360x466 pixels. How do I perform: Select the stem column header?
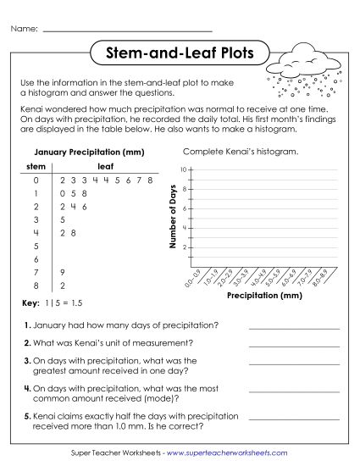click(x=36, y=166)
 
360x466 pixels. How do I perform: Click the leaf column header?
click(x=106, y=166)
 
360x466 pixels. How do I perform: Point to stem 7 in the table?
click(x=36, y=271)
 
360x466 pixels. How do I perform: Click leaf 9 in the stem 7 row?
click(x=64, y=271)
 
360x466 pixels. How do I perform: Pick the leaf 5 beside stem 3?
click(x=64, y=219)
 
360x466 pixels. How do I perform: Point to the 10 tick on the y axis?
click(x=185, y=170)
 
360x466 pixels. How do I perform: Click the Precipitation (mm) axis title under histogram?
click(x=264, y=296)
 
